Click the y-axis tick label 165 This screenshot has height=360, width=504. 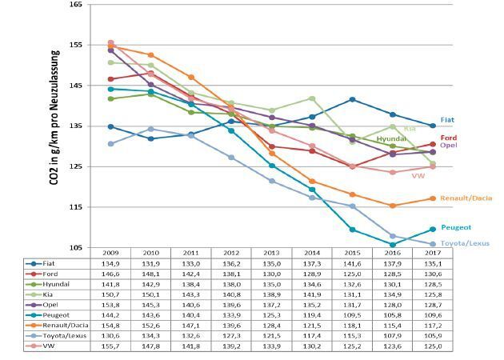click(x=75, y=5)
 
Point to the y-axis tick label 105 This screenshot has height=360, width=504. click(x=75, y=247)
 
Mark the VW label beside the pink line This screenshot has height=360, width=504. click(x=418, y=175)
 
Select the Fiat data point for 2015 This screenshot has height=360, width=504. click(x=352, y=99)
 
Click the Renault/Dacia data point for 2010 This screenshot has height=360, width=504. click(x=150, y=55)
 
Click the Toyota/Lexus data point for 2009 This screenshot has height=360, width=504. click(x=110, y=144)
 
